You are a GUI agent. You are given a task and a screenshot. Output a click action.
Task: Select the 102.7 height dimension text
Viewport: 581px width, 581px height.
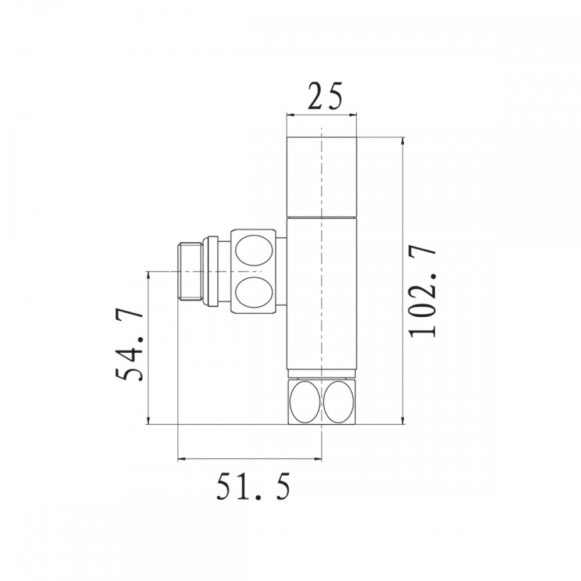point(422,291)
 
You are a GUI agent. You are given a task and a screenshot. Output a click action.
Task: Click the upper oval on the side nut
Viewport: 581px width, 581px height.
point(253,249)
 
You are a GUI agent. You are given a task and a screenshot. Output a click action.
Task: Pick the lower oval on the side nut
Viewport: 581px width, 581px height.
point(253,290)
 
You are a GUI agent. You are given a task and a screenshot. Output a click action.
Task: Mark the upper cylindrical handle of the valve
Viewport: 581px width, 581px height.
point(321,176)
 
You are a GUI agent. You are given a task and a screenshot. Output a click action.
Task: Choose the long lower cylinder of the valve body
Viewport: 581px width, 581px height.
point(321,293)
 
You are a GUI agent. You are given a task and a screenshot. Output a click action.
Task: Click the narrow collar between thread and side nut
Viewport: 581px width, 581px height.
point(213,271)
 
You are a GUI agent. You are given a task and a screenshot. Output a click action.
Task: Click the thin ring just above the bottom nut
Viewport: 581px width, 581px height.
point(321,374)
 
